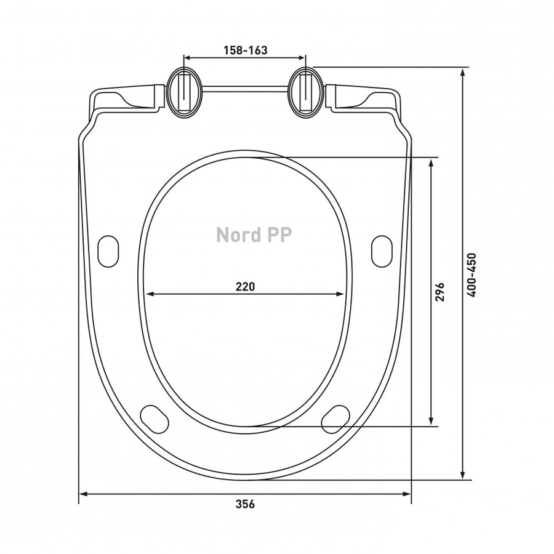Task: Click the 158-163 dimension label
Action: coord(245,50)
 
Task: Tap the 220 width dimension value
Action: coord(245,286)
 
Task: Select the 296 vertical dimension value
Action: coord(440,292)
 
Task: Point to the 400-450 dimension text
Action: coord(472,275)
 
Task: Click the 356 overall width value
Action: coord(245,504)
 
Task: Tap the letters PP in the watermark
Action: coord(280,235)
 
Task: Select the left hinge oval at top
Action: coord(185,92)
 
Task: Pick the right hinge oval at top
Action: coord(305,92)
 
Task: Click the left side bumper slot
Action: coord(108,251)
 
